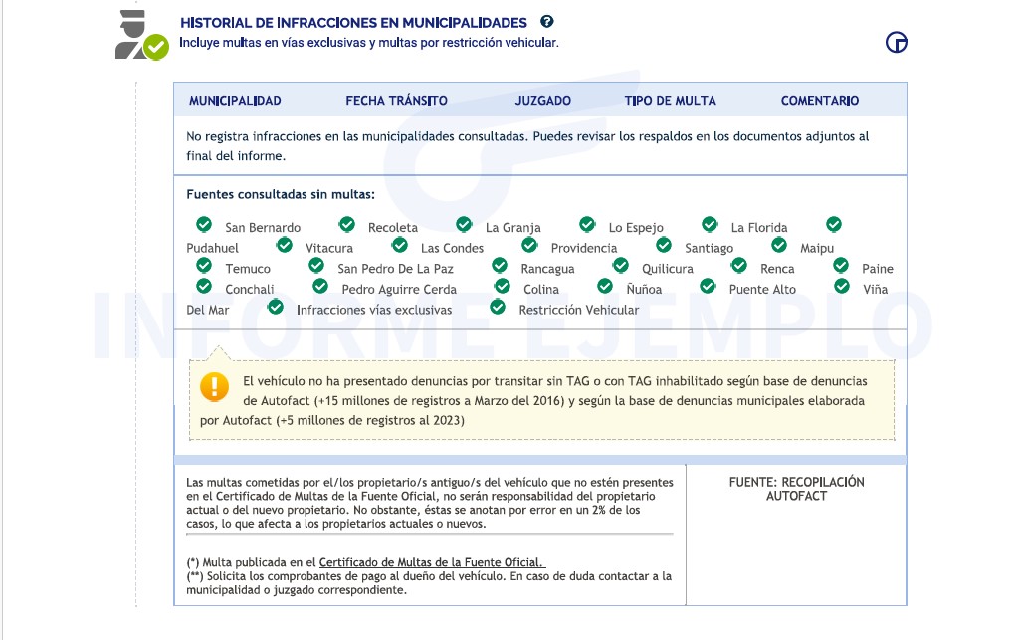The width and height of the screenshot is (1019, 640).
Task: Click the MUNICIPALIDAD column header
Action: point(235,101)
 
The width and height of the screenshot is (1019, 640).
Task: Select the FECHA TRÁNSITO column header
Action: point(396,101)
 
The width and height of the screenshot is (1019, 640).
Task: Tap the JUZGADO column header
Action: point(542,101)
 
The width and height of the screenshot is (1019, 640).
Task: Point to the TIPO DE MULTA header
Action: point(670,101)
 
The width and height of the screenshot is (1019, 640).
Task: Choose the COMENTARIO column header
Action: point(819,101)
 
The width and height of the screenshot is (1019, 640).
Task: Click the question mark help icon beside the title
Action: point(546,21)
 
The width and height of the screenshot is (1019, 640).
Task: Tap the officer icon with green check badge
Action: point(140,36)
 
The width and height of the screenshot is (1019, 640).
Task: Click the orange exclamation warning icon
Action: point(214,386)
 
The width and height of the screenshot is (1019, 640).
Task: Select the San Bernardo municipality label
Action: point(263,228)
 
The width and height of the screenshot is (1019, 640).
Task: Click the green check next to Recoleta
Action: point(347,225)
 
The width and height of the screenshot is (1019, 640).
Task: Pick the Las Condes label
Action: point(452,249)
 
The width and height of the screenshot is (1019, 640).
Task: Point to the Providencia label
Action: point(583,249)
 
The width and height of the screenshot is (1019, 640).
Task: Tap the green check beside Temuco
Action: point(204,265)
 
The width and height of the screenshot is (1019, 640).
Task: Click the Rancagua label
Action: point(547,269)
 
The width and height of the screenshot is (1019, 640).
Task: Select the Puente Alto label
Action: point(762,290)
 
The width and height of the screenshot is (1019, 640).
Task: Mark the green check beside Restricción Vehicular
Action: point(498,307)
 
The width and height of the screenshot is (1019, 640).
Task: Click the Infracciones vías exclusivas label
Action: point(374,310)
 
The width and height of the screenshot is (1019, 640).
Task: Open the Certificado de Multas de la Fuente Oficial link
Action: point(432,562)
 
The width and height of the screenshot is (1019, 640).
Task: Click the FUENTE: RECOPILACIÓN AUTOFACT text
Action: point(796,489)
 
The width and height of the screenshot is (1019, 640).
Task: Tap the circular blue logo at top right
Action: point(896,42)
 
